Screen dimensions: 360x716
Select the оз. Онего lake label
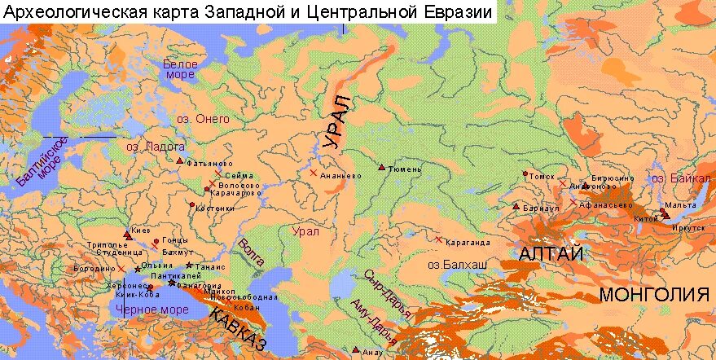204,119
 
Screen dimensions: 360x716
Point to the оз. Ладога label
156,147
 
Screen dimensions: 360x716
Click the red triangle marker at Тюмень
381,167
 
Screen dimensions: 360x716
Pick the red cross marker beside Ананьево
313,173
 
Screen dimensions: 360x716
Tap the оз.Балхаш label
457,265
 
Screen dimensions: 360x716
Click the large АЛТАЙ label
551,254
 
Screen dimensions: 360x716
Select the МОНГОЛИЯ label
654,295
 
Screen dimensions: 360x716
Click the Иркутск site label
688,228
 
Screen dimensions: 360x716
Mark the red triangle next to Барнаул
516,206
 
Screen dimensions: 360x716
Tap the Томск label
542,176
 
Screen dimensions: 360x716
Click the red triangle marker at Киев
126,234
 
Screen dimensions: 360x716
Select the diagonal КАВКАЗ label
239,329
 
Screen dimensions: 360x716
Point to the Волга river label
251,252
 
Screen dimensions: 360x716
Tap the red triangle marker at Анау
356,349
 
